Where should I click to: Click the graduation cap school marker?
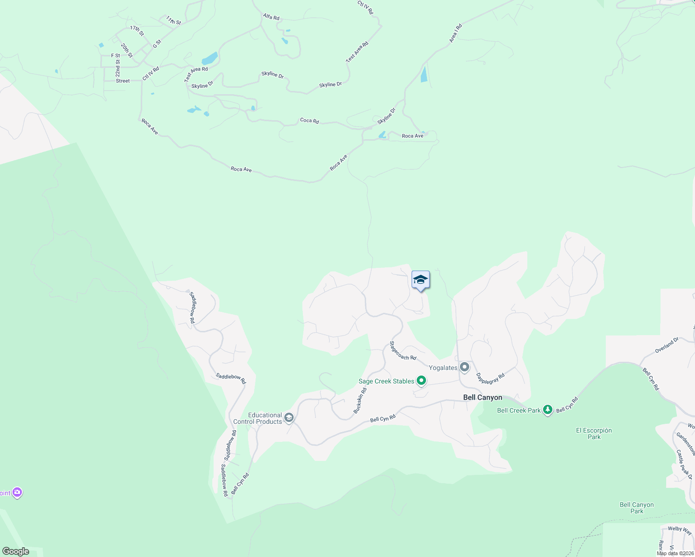420,280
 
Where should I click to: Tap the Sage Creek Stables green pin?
421,381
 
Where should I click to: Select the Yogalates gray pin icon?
464,367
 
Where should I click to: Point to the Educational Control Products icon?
288,418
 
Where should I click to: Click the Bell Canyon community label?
483,397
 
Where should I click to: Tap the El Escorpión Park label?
594,434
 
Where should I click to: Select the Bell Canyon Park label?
636,508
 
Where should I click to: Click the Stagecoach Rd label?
402,351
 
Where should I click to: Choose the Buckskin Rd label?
360,401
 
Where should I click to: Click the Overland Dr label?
667,345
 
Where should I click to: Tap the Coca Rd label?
309,121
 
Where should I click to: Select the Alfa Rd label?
271,17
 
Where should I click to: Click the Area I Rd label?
456,34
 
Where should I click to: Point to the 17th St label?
137,31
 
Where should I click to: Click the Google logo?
16,551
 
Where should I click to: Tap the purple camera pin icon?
17,492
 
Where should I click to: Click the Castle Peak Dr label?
684,464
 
